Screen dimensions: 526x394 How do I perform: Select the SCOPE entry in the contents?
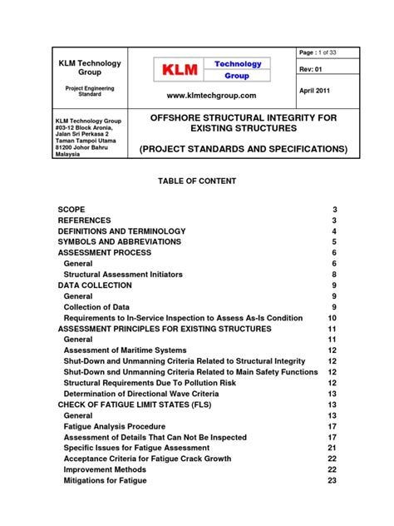pos(71,209)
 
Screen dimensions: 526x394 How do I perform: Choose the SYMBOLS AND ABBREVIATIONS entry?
pos(119,241)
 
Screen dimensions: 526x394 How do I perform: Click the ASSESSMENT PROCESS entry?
pos(104,252)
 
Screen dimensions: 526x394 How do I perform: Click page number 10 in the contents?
pos(332,318)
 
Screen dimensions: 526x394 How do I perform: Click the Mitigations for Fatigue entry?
pos(105,480)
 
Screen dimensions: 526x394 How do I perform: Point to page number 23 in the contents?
pos(332,480)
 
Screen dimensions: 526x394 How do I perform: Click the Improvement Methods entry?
pos(103,469)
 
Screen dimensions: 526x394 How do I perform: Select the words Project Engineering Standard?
pos(89,91)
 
